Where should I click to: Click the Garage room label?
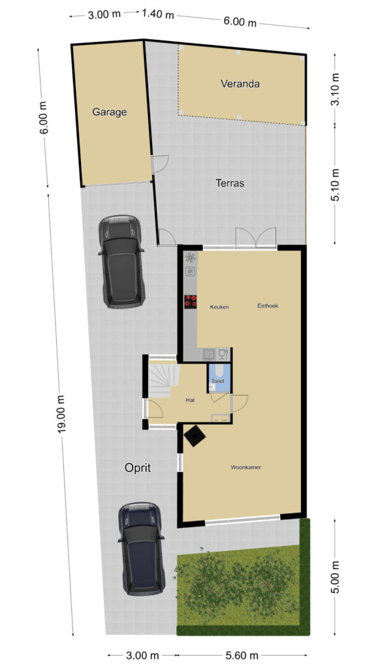110,112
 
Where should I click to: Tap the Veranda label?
240,83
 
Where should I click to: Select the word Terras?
230,183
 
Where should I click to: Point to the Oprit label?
138,468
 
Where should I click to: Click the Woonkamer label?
246,467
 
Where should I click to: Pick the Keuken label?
219,307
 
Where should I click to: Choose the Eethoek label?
268,305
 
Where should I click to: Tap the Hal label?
190,400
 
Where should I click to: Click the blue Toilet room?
219,378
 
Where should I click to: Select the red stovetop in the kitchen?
191,301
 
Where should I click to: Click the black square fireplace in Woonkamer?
195,435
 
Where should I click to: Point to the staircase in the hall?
163,379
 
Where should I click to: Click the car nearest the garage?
121,261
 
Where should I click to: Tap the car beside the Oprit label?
142,549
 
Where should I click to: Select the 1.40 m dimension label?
158,14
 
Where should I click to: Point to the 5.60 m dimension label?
242,655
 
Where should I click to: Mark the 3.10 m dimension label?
336,89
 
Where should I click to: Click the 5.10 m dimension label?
336,185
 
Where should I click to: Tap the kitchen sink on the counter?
210,354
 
